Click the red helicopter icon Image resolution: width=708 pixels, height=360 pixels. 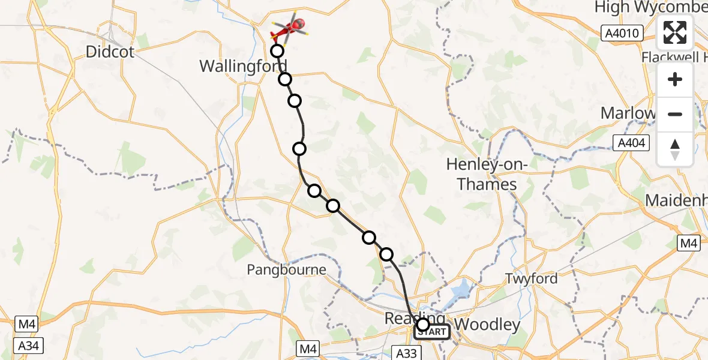coord(290,28)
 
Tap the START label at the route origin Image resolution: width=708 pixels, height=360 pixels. coord(432,332)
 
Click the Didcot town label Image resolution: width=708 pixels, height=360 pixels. coord(109,52)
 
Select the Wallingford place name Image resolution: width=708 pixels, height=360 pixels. coord(243,66)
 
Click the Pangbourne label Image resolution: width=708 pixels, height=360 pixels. coord(286,270)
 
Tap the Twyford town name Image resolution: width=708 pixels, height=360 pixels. coord(532,278)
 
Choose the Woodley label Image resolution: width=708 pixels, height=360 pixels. coord(488,325)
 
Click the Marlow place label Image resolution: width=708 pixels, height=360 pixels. coord(627,113)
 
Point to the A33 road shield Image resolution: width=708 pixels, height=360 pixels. coord(406,353)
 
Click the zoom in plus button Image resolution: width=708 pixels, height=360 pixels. coord(675,79)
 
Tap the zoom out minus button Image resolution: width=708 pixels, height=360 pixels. coord(675,114)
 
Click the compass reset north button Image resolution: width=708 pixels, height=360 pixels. coord(675,149)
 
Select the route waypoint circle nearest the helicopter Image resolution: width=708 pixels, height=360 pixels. coord(277,50)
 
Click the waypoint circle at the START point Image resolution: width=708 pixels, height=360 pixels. coord(423,325)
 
